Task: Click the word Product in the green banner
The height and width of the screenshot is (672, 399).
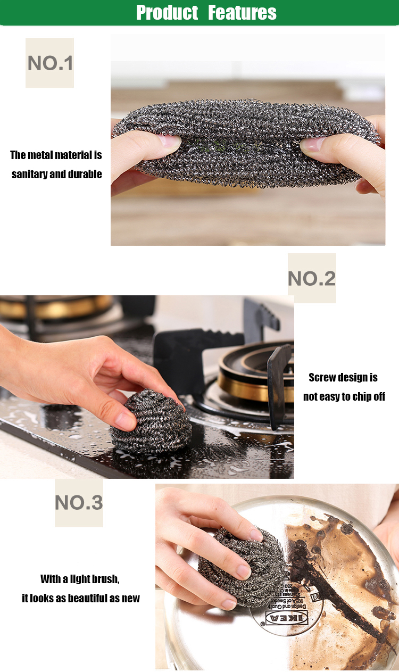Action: click(167, 12)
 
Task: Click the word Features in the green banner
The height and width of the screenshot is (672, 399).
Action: click(242, 12)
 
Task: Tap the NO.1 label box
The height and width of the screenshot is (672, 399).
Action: click(49, 63)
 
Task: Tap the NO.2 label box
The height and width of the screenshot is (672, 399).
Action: click(312, 278)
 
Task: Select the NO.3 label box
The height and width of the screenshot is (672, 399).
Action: click(79, 503)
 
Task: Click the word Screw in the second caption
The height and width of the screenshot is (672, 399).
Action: click(323, 377)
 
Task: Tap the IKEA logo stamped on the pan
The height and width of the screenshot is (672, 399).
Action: click(286, 617)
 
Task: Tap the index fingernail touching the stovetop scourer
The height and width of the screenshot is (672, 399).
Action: click(126, 422)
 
